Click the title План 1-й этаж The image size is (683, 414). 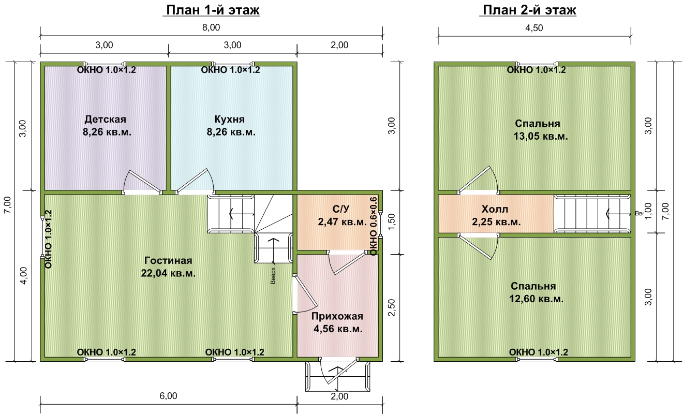213,10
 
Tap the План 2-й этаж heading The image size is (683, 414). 529,10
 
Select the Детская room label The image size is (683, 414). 105,119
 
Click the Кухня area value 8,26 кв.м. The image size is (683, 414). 231,132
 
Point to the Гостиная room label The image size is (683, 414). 168,260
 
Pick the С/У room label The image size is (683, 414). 341,209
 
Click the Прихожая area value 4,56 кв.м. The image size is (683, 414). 338,329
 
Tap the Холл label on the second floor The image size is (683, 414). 495,209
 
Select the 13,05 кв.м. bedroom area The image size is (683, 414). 541,136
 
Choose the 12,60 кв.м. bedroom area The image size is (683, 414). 537,299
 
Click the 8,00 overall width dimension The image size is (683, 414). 211,27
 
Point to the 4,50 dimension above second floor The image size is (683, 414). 534,28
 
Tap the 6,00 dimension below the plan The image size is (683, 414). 168,396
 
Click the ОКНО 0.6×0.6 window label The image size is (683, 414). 374,226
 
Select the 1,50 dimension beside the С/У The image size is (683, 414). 392,222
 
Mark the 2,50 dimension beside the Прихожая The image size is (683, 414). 392,307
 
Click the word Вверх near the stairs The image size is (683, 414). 273,276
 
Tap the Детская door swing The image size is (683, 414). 142,182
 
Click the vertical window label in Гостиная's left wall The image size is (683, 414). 48,239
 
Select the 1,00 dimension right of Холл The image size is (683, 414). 648,211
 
